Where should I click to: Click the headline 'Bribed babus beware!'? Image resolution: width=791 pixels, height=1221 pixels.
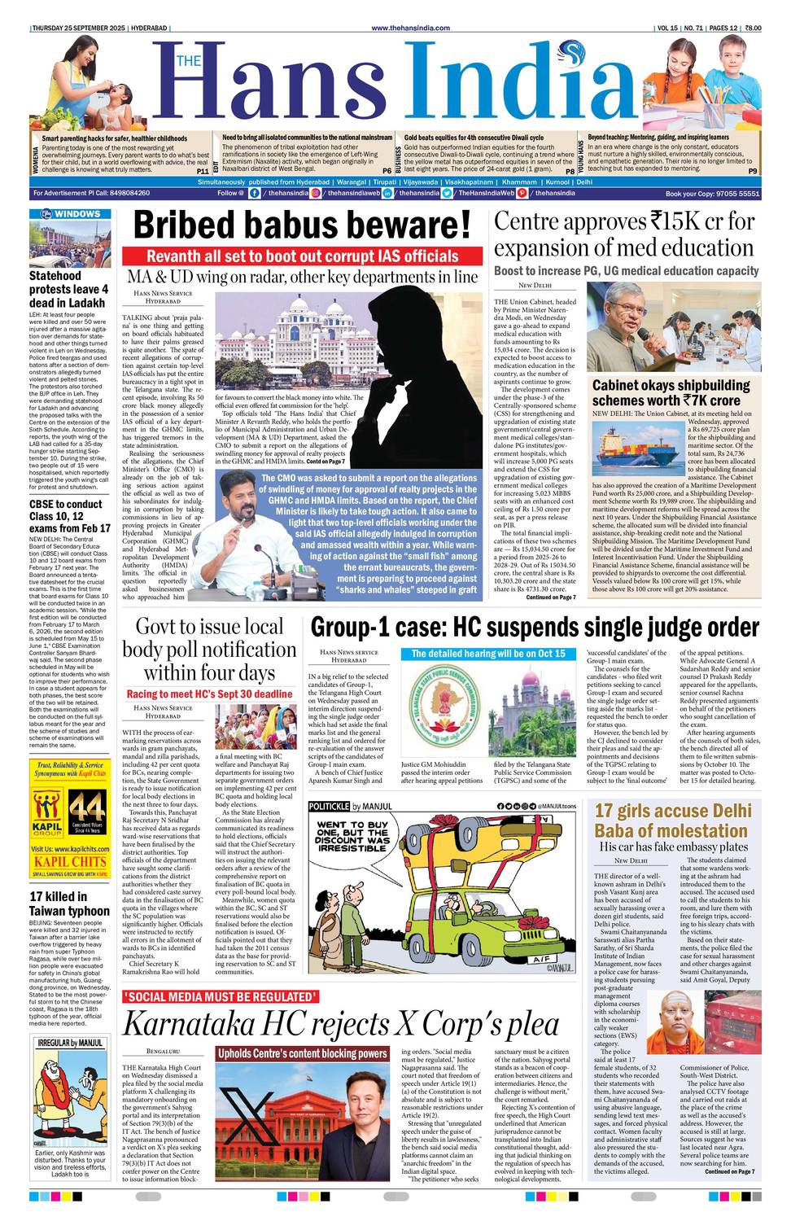pos(302,225)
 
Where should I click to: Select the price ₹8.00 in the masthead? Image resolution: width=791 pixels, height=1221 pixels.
pos(752,28)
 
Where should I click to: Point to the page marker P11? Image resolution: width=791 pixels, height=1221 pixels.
pos(202,172)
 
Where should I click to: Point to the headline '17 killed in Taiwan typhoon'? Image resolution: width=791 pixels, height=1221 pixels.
pos(69,904)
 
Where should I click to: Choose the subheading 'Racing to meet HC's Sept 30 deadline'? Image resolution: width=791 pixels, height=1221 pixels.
pos(209,694)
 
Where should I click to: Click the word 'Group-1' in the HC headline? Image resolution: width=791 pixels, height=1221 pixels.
pos(355,628)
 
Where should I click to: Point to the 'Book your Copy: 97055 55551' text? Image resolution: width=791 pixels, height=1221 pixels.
pos(712,194)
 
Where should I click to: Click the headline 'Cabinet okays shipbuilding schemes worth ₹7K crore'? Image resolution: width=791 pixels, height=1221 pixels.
pos(671,392)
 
